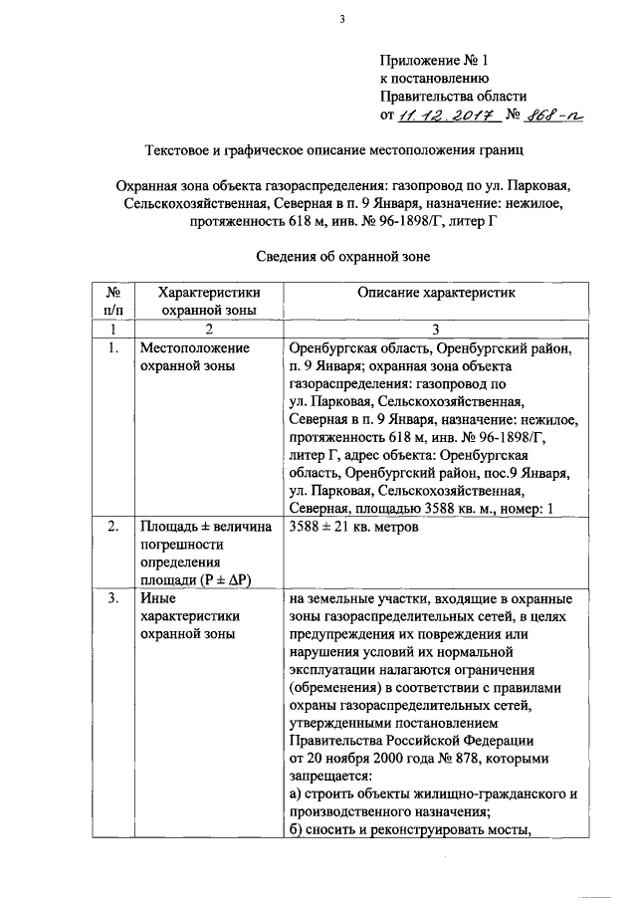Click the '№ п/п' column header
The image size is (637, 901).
113,302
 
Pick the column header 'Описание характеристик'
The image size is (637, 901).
432,294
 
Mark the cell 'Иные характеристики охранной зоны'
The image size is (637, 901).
189,616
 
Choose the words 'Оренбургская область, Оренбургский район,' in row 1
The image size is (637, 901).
429,348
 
